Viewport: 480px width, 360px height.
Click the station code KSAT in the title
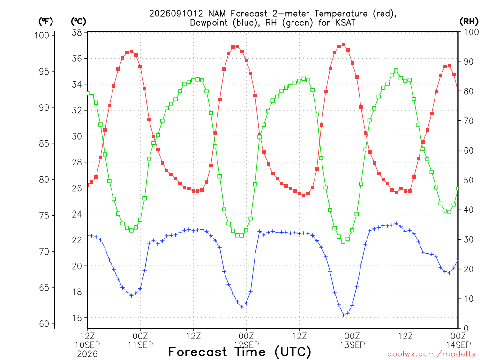point(345,22)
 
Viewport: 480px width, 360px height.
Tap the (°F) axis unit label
point(45,22)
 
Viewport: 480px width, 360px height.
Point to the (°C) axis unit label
point(79,22)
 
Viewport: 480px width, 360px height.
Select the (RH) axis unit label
point(469,22)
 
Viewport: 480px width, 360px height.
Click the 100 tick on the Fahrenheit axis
point(42,36)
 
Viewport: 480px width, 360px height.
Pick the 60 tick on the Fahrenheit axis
point(44,323)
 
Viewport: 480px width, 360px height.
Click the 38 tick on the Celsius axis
point(77,32)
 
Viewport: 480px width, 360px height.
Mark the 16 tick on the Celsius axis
point(77,318)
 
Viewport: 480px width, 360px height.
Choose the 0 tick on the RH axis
point(466,329)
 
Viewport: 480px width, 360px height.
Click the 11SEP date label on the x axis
point(140,345)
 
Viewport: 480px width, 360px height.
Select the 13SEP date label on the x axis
point(352,345)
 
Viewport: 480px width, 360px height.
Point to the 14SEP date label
point(458,345)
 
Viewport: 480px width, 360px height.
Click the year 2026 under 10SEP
point(87,354)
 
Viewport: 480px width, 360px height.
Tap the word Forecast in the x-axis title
point(198,352)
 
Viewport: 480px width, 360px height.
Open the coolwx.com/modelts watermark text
point(431,354)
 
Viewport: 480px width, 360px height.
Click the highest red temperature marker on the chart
point(343,45)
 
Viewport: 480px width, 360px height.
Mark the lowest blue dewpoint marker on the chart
point(343,315)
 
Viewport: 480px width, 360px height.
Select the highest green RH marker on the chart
point(397,70)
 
